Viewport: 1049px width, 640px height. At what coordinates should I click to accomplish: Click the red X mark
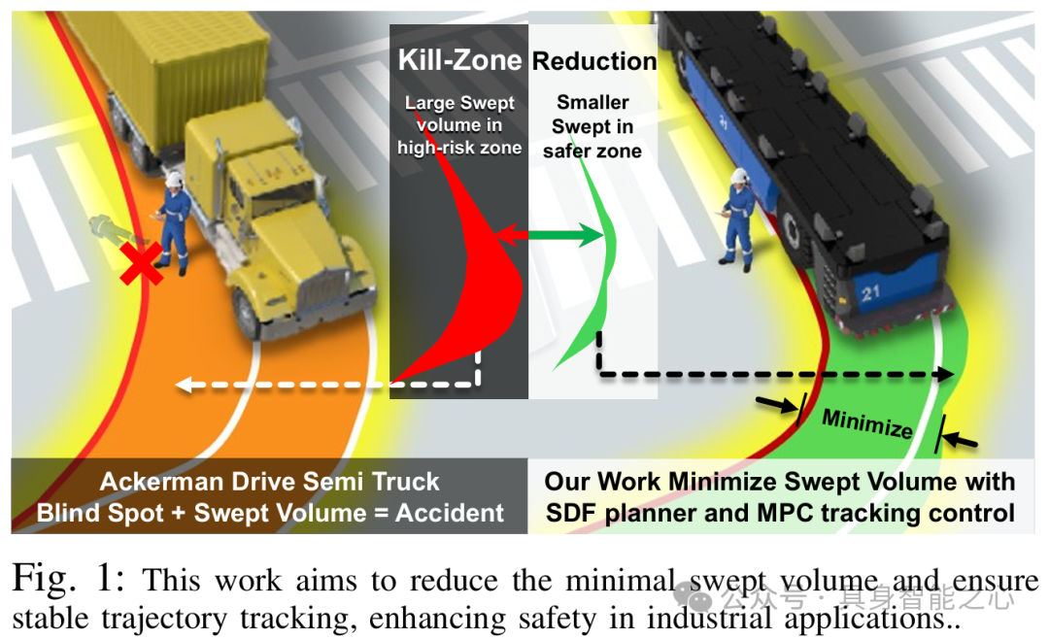pos(142,264)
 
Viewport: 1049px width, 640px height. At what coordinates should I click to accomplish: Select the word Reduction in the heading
pos(594,61)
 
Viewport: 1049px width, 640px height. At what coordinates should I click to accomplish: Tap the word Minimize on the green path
pos(866,422)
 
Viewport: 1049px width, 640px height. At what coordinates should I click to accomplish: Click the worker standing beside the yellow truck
pos(176,222)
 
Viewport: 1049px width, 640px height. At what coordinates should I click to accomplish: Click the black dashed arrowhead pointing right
pos(948,374)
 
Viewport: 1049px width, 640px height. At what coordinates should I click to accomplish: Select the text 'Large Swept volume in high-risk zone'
pos(459,125)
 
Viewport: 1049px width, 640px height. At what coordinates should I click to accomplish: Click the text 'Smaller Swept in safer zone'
pos(592,126)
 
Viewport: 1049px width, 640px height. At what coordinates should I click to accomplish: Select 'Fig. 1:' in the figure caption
pos(68,580)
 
